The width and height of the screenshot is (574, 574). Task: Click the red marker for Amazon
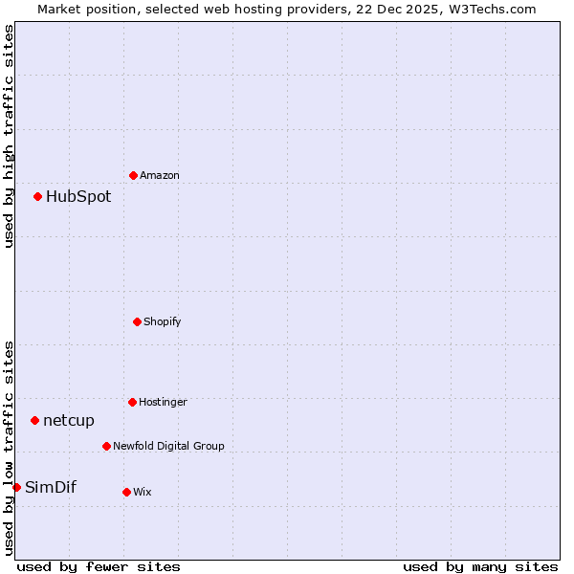133,175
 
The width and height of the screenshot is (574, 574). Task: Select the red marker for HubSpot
38,197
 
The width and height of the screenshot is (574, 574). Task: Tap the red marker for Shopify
137,321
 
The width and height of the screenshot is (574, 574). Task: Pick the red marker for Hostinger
132,402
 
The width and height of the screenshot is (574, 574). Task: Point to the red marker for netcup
35,420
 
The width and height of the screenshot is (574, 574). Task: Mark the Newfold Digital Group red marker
106,446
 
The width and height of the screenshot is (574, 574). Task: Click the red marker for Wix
126,492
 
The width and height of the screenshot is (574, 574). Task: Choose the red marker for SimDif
17,487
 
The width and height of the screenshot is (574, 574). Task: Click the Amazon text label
160,175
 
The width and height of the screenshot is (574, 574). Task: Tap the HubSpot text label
78,197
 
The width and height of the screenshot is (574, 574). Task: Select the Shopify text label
163,321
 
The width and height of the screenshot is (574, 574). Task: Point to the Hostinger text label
163,402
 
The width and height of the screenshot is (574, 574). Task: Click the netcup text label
69,420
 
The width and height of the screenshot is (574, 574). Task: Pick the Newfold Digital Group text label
168,446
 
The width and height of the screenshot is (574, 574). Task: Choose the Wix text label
143,492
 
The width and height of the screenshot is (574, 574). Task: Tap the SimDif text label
51,487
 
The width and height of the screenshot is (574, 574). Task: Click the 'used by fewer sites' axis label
99,566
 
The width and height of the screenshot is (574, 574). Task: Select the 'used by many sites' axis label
480,566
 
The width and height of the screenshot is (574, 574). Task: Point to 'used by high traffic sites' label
9,136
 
